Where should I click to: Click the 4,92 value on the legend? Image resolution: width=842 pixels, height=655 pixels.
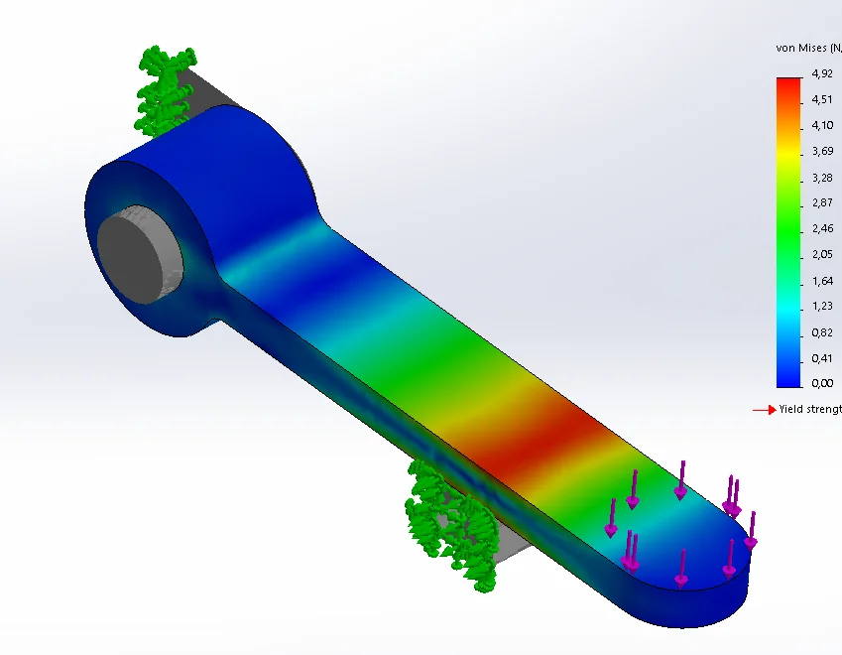[x=821, y=74]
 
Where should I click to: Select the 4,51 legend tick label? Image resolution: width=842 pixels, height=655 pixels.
[x=821, y=99]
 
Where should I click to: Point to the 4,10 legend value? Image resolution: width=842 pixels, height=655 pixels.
[x=821, y=125]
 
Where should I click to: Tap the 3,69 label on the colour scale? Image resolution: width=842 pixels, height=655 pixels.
[x=821, y=151]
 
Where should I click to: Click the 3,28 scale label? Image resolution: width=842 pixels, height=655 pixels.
[x=821, y=177]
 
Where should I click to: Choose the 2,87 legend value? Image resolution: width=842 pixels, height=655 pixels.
[x=821, y=202]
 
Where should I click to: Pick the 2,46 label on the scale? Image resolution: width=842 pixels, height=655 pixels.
[x=821, y=228]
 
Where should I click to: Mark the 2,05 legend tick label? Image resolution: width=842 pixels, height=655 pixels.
[x=821, y=254]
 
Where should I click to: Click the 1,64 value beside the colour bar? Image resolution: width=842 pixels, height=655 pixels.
[x=821, y=280]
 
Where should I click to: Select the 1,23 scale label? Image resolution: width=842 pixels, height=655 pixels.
[x=821, y=306]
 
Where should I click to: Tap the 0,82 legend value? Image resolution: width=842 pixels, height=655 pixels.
[x=821, y=331]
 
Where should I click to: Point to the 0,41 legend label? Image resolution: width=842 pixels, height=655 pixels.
[x=821, y=357]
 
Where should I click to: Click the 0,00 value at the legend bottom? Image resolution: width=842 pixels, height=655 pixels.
[x=821, y=383]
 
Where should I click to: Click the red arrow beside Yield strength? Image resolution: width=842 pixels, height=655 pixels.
[x=764, y=409]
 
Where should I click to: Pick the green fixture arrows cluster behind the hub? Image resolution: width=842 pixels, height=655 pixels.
[x=164, y=89]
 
